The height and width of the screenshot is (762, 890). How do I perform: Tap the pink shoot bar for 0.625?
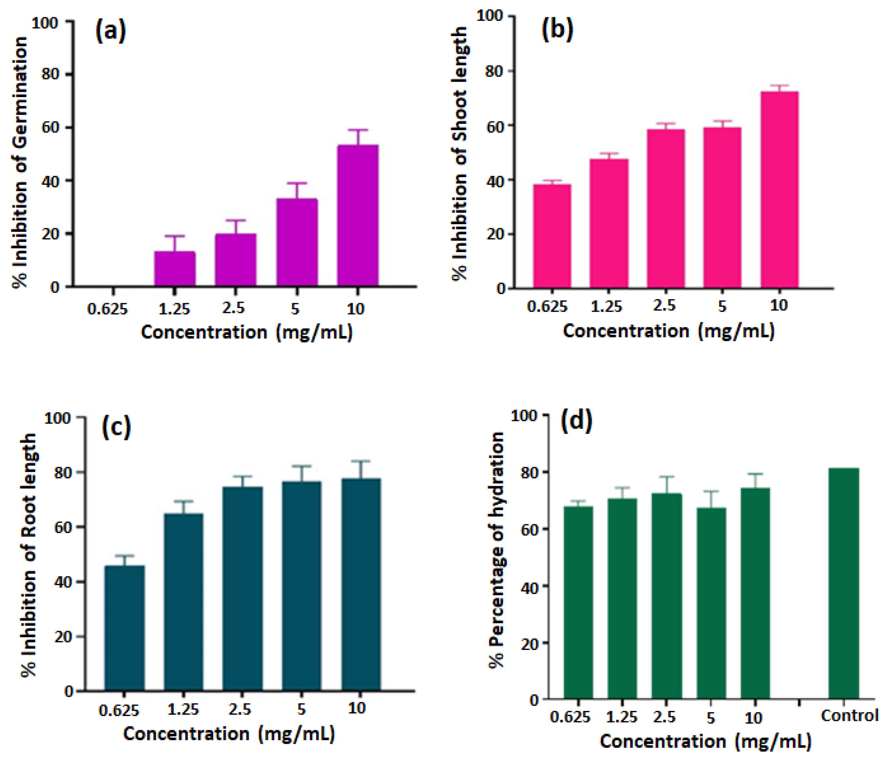click(552, 236)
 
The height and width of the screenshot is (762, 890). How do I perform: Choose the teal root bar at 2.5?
click(242, 588)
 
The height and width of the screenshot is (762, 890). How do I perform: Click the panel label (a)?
click(110, 31)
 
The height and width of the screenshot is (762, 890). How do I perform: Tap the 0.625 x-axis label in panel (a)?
click(107, 309)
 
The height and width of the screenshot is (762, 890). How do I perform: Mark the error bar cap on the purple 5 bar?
click(297, 183)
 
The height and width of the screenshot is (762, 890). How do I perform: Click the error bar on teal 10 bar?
click(361, 470)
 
